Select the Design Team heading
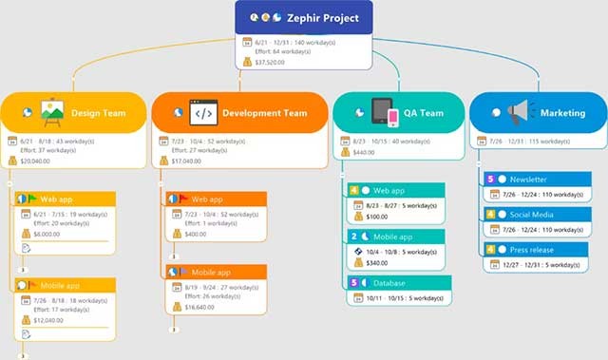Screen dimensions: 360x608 pyautogui.click(x=99, y=113)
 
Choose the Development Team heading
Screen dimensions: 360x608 pyautogui.click(x=264, y=113)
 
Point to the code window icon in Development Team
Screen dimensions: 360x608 pyautogui.click(x=203, y=112)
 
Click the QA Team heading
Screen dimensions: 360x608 pyautogui.click(x=423, y=113)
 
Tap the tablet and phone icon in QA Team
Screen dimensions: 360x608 pyautogui.click(x=385, y=112)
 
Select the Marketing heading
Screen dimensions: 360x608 pyautogui.click(x=563, y=113)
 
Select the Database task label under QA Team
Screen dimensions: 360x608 pyautogui.click(x=390, y=283)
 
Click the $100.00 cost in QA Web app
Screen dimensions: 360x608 pyautogui.click(x=377, y=217)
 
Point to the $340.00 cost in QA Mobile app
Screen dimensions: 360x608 pyautogui.click(x=377, y=263)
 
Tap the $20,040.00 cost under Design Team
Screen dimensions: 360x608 pyautogui.click(x=36, y=161)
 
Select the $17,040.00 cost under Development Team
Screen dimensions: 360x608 pyautogui.click(x=186, y=161)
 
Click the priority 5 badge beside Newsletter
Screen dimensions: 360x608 pyautogui.click(x=490, y=179)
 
